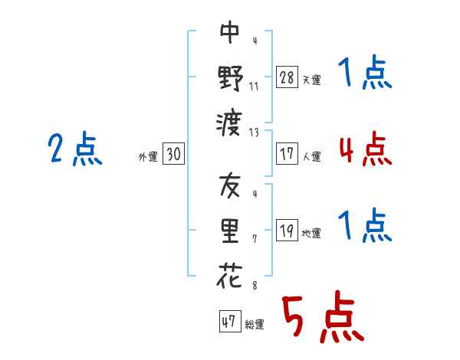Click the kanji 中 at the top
[230, 32]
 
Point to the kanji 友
[230, 185]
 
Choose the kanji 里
[230, 231]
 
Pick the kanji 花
[230, 275]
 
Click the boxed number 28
[287, 77]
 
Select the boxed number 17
[287, 153]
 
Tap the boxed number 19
[287, 230]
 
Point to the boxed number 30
[174, 153]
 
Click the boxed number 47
[230, 321]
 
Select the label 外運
[148, 157]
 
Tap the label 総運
[255, 325]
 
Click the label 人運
[312, 156]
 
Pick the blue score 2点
[75, 149]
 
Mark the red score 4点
[366, 149]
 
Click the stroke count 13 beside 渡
[254, 133]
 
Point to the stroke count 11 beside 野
[254, 87]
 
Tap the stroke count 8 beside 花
[255, 286]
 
